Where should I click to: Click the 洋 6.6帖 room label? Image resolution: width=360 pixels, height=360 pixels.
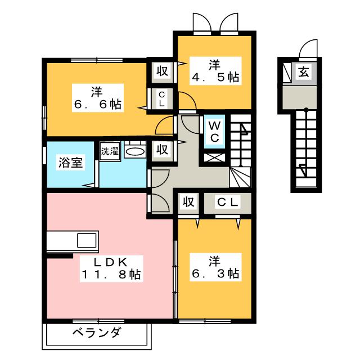(98, 98)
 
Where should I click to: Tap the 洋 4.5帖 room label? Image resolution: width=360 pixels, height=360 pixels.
(215, 71)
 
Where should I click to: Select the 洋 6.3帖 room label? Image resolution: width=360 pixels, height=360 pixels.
(215, 267)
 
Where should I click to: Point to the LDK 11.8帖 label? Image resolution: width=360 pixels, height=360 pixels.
(111, 268)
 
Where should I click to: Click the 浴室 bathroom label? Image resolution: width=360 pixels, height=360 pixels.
(70, 163)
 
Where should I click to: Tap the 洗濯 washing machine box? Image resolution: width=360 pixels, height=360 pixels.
(110, 151)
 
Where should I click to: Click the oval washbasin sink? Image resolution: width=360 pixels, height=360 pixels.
(135, 151)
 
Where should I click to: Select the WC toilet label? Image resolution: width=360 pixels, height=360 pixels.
(214, 132)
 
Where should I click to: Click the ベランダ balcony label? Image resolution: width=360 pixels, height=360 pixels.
(96, 332)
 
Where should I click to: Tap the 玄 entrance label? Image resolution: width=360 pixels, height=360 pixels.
(304, 71)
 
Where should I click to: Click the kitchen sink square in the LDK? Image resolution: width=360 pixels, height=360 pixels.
(87, 240)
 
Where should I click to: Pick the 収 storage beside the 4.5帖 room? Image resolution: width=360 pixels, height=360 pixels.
(163, 71)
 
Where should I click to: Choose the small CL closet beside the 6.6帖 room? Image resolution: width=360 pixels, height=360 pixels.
(162, 99)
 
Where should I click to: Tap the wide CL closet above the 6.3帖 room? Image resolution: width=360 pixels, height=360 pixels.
(227, 202)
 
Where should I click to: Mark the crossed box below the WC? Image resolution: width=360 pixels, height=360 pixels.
(214, 157)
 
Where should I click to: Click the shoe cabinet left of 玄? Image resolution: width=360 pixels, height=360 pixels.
(287, 72)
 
